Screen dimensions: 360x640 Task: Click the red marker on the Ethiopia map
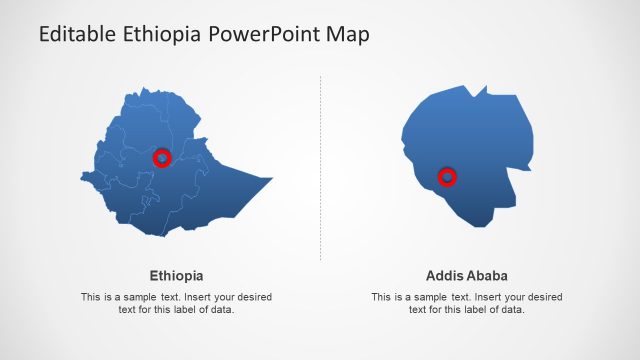162,158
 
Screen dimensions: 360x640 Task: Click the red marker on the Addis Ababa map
448,178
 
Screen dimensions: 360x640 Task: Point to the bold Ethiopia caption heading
176,275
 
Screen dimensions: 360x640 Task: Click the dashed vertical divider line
321,170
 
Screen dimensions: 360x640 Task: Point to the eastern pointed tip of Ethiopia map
270,179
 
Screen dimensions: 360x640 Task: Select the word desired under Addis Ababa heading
543,297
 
